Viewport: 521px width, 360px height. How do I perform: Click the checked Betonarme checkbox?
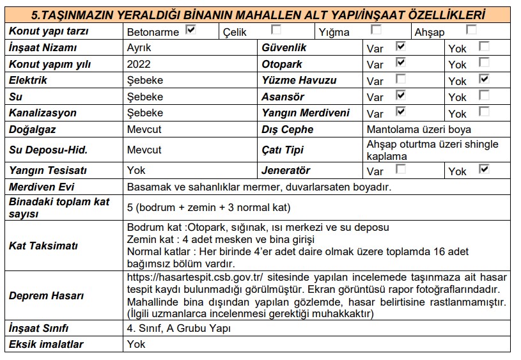[191, 29]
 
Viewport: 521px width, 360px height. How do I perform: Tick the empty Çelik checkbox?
[276, 29]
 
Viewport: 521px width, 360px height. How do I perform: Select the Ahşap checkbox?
[471, 29]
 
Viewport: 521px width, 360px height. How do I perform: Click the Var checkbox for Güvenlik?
[401, 46]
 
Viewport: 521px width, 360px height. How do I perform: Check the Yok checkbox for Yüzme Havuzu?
[484, 79]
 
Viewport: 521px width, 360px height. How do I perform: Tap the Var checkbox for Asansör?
[401, 95]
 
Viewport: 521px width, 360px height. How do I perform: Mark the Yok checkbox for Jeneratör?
[484, 169]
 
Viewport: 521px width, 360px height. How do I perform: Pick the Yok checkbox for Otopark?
[484, 63]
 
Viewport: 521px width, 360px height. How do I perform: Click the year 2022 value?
[139, 64]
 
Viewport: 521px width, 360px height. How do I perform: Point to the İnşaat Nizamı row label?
[43, 48]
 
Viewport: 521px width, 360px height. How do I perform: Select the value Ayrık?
[139, 48]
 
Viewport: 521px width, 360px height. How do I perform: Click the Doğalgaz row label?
[33, 129]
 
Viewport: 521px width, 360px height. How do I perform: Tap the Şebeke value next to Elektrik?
[145, 81]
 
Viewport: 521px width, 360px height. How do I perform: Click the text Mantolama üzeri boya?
[419, 129]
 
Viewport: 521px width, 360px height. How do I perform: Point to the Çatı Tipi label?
[282, 150]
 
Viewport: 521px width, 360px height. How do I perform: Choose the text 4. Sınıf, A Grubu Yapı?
[179, 329]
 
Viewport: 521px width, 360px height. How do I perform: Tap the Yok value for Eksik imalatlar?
[136, 345]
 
